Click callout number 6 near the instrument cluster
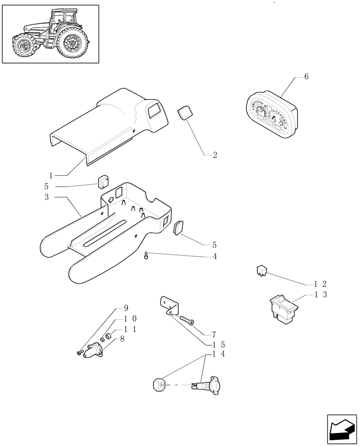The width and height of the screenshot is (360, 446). pyautogui.click(x=306, y=77)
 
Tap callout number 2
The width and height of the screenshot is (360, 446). pyautogui.click(x=215, y=155)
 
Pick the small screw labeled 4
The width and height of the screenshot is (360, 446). pyautogui.click(x=146, y=255)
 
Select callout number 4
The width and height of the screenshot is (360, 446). pyautogui.click(x=215, y=256)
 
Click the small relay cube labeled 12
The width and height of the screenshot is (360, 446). pyautogui.click(x=262, y=270)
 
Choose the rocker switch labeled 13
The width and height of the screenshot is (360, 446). pyautogui.click(x=284, y=308)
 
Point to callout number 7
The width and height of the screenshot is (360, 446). pyautogui.click(x=214, y=334)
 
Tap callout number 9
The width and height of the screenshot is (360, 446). pyautogui.click(x=126, y=308)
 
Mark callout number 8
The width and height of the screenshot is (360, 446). pyautogui.click(x=122, y=339)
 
